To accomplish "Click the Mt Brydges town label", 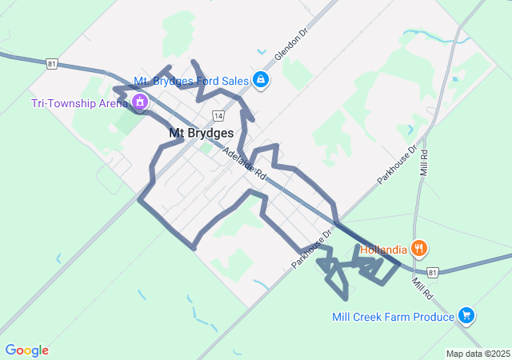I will [x=202, y=134].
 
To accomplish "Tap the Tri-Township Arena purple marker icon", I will [x=140, y=102].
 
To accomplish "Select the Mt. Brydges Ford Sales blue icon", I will [x=261, y=79].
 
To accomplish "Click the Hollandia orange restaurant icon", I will [x=418, y=248].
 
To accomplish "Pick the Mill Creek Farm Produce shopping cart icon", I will [x=467, y=316].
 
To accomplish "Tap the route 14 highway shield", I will [x=218, y=116].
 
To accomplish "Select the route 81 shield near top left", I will [x=52, y=64].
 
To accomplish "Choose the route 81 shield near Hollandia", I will [x=432, y=273].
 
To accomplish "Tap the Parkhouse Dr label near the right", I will [x=398, y=164].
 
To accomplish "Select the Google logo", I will [x=26, y=350].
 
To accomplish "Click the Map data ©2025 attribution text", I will [x=478, y=354].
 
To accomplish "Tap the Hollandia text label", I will [x=383, y=249].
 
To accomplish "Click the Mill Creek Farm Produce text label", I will [x=394, y=317].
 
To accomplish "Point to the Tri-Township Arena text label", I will [x=79, y=103].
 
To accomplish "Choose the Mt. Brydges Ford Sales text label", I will [x=191, y=81].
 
